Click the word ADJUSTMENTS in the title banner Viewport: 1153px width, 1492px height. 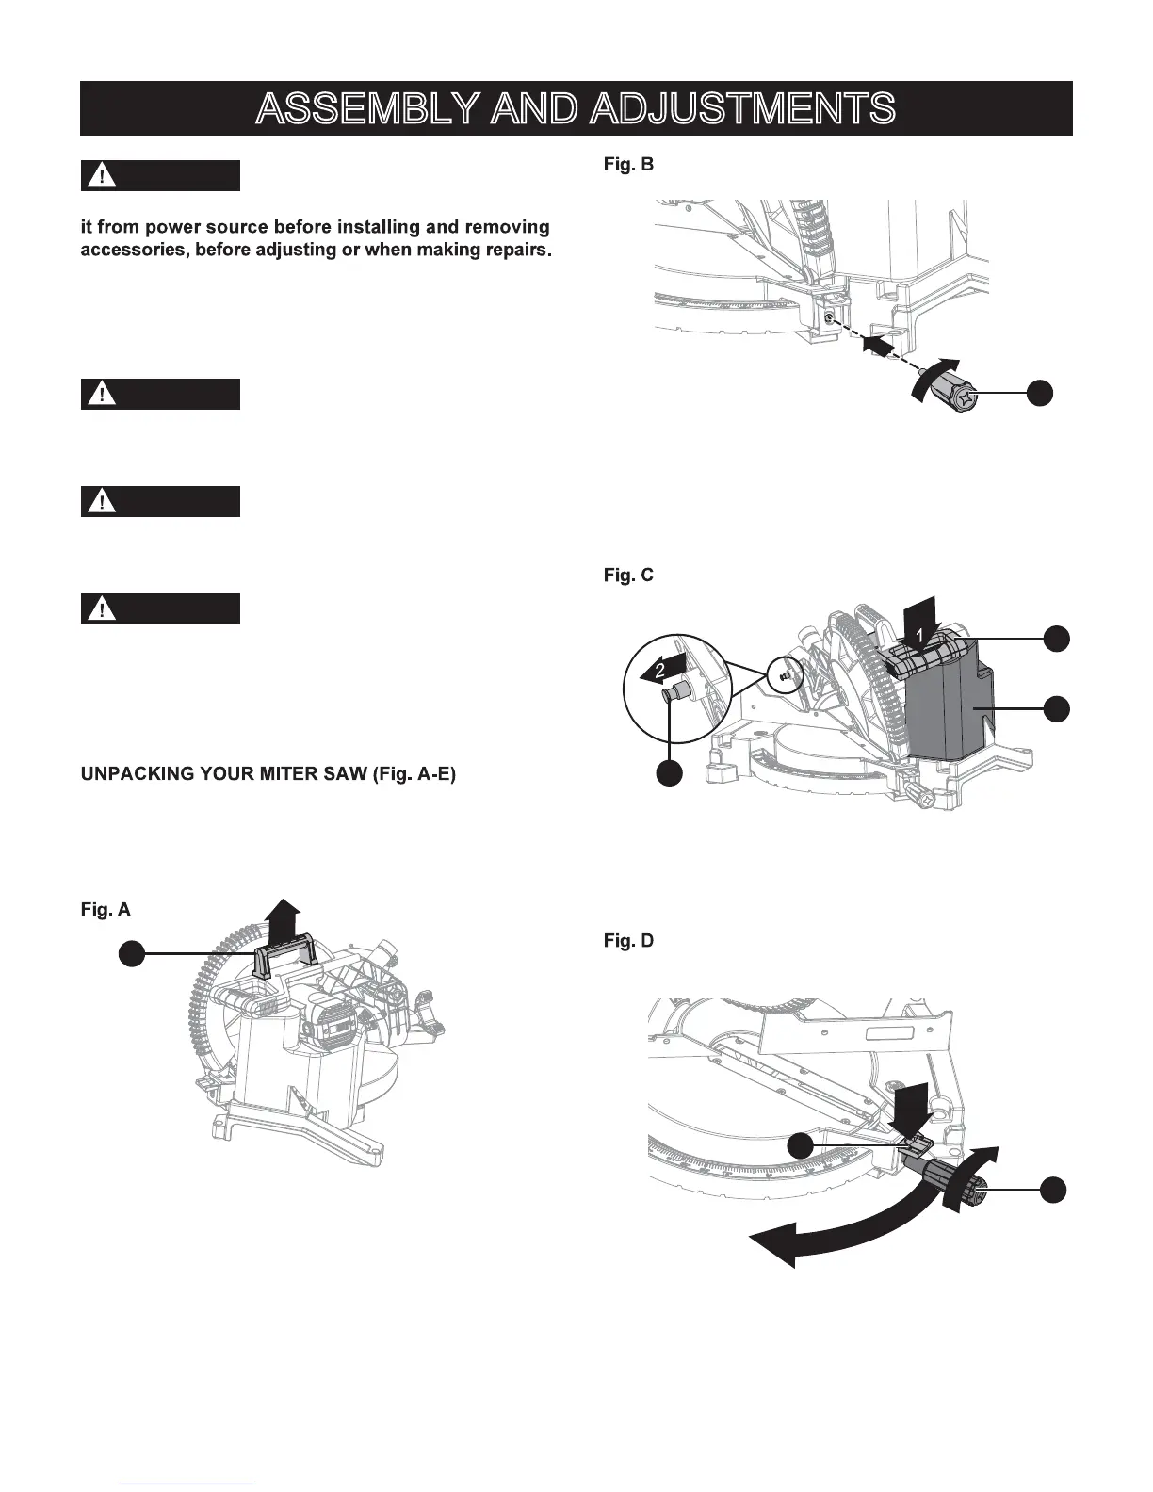click(741, 109)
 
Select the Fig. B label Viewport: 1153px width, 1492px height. click(628, 165)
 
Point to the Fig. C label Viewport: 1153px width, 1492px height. click(628, 576)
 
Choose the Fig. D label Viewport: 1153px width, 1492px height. click(628, 941)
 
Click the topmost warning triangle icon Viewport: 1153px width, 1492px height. click(100, 176)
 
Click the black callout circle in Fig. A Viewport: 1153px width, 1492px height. click(131, 954)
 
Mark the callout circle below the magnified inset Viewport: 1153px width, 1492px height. click(669, 773)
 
